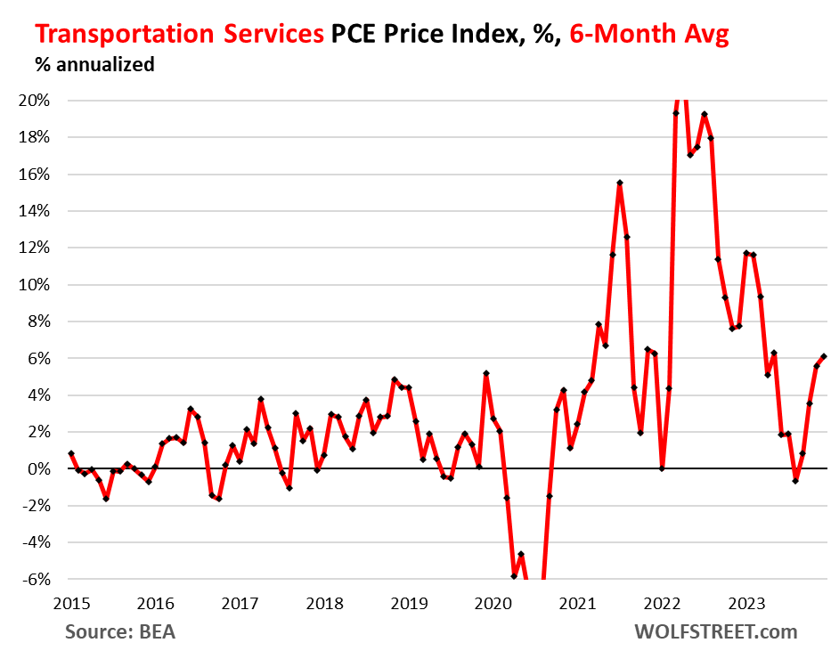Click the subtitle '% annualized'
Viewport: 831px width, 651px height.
94,64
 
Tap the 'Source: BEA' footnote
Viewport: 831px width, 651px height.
119,631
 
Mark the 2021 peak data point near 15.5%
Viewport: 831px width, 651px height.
619,183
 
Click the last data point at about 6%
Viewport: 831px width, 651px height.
824,356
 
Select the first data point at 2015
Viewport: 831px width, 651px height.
70,453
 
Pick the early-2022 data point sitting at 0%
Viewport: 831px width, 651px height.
662,468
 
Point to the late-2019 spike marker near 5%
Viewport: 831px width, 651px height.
485,373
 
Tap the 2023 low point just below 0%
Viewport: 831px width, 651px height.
795,481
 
